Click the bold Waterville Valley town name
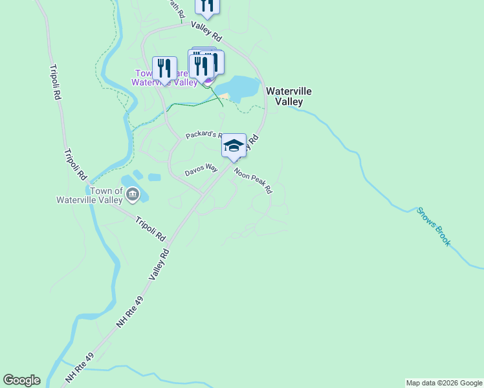pyautogui.click(x=289, y=96)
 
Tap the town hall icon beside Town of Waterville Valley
pyautogui.click(x=132, y=193)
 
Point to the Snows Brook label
pyautogui.click(x=434, y=226)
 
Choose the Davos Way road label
pyautogui.click(x=201, y=170)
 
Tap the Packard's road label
pyautogui.click(x=203, y=135)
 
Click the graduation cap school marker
pyautogui.click(x=234, y=145)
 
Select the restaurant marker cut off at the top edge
pyautogui.click(x=207, y=6)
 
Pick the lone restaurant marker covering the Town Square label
pyautogui.click(x=165, y=68)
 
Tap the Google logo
pyautogui.click(x=21, y=380)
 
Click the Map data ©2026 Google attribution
pyautogui.click(x=444, y=383)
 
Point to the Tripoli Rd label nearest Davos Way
pyautogui.click(x=151, y=228)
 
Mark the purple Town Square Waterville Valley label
pyautogui.click(x=164, y=78)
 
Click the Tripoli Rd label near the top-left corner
pyautogui.click(x=55, y=81)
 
